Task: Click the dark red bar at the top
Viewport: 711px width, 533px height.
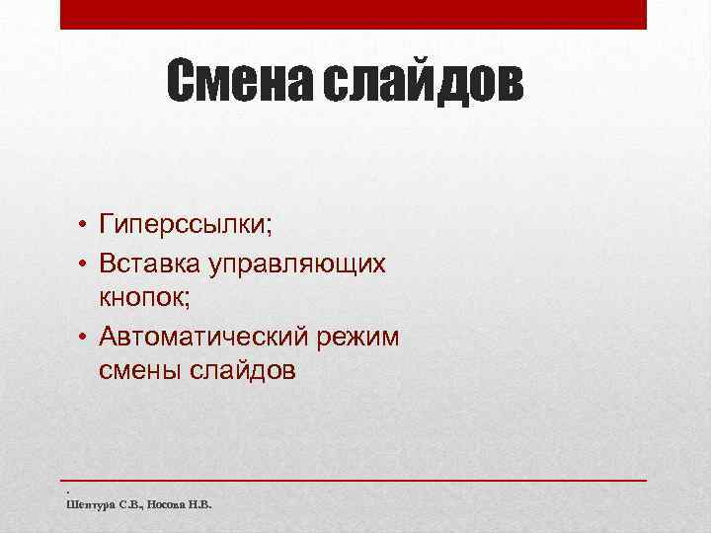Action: (354, 14)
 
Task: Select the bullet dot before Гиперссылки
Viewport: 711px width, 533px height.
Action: (86, 227)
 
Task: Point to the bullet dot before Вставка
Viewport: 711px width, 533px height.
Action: (86, 264)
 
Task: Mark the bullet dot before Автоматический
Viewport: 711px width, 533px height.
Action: (86, 338)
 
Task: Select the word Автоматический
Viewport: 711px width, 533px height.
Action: (204, 338)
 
